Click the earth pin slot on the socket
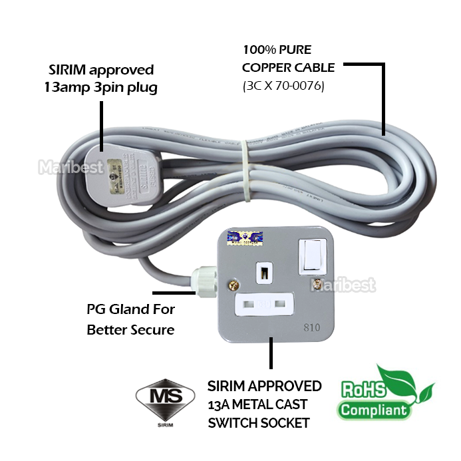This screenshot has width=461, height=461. (x=265, y=271)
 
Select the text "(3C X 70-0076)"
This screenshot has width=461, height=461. (x=283, y=86)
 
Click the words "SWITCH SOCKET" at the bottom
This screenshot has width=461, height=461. (x=258, y=422)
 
